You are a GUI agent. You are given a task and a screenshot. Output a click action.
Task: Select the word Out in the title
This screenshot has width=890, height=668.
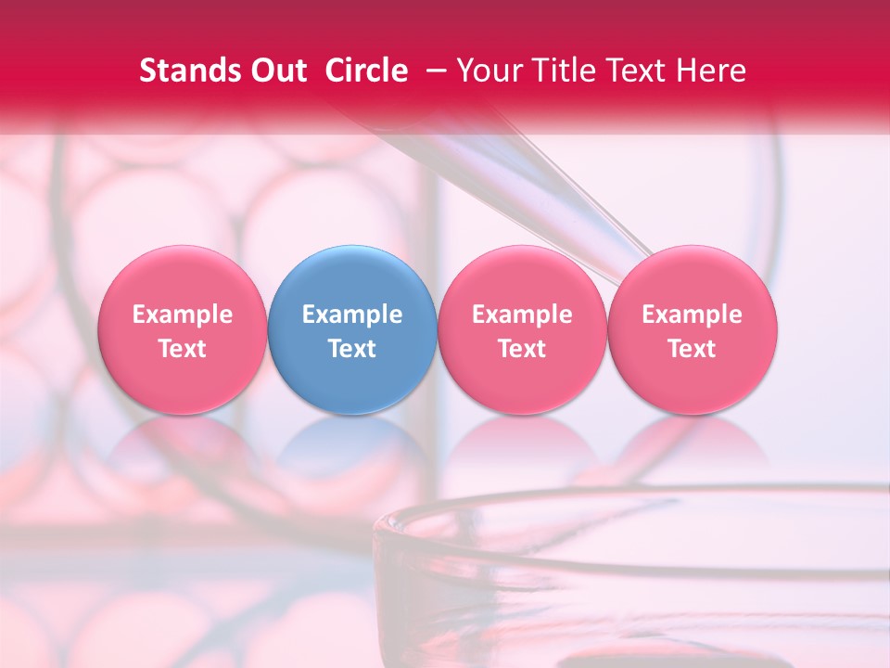tap(275, 71)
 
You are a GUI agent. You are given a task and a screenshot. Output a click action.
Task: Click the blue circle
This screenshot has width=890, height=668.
tap(352, 330)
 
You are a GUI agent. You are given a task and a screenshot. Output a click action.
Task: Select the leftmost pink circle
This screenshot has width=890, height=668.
tap(183, 330)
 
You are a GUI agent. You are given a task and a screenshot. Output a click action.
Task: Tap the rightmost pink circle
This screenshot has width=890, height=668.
tap(693, 330)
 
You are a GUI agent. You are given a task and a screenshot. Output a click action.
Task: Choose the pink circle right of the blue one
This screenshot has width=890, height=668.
tap(522, 330)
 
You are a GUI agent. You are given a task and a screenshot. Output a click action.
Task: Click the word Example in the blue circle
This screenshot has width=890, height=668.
tap(352, 315)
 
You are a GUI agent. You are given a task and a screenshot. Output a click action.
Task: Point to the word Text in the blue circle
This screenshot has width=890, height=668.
tap(352, 349)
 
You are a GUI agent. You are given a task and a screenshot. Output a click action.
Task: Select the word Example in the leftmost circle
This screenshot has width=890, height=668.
tap(183, 315)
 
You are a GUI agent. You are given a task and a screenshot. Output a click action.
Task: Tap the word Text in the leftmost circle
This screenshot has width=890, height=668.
tap(183, 349)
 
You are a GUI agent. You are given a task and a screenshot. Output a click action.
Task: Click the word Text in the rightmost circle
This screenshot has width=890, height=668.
tap(693, 349)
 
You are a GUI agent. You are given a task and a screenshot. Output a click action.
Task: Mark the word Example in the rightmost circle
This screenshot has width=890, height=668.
tap(693, 315)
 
